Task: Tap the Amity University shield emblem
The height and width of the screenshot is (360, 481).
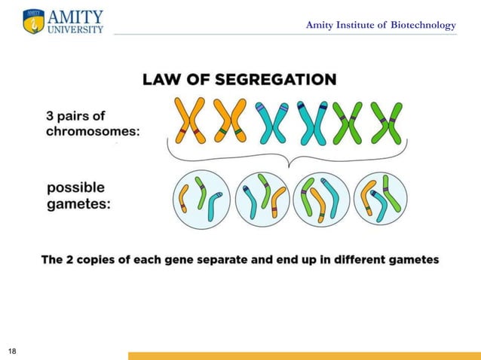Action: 33,21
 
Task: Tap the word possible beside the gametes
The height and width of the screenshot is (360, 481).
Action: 76,187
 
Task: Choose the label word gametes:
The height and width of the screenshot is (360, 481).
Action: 78,203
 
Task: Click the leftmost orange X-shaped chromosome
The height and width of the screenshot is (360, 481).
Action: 191,121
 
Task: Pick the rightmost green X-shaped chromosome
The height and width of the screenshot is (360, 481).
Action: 387,122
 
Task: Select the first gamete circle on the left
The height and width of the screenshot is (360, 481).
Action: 201,198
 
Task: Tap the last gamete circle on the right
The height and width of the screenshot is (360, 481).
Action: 381,198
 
